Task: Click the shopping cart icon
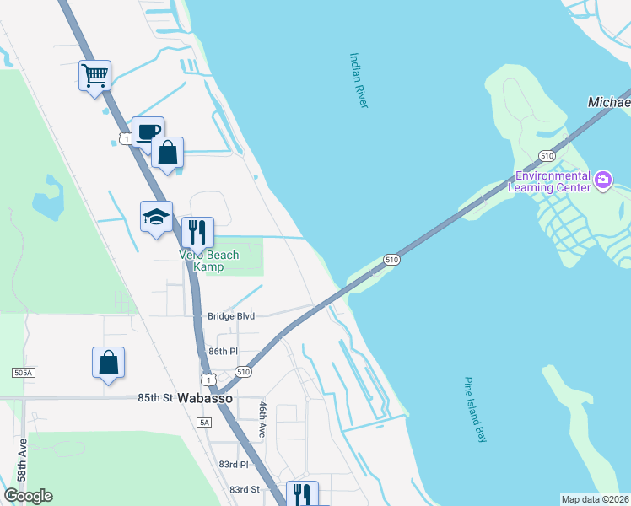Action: [x=95, y=76]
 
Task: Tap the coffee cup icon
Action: [x=148, y=132]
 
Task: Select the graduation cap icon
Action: [x=156, y=217]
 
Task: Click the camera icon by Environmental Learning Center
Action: [x=602, y=179]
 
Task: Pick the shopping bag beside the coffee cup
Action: [x=168, y=153]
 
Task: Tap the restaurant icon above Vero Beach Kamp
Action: [x=197, y=232]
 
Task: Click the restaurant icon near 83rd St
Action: [x=302, y=495]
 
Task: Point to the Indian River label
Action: [x=359, y=80]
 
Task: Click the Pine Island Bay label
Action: [x=476, y=409]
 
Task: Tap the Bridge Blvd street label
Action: [x=231, y=316]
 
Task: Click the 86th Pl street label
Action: [x=224, y=351]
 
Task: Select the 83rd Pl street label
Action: [x=234, y=465]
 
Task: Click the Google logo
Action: [x=29, y=495]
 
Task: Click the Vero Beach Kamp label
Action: [x=208, y=261]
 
